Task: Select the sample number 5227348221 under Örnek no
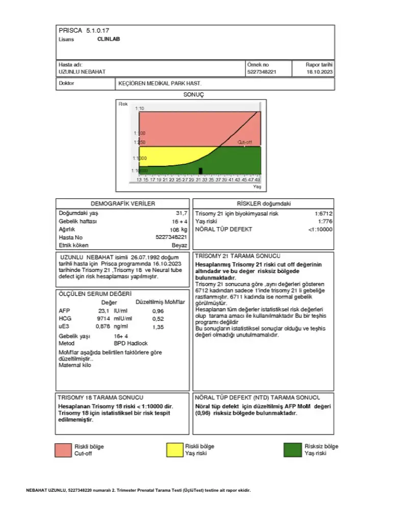(261, 72)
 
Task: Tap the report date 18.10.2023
(319, 72)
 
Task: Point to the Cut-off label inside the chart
(245, 142)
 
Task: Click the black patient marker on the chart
(200, 170)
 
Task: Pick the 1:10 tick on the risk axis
(140, 109)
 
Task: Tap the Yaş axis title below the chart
(257, 187)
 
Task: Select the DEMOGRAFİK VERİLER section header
(123, 204)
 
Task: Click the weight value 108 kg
(179, 230)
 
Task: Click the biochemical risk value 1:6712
(323, 214)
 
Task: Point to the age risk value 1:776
(325, 221)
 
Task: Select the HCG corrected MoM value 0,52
(158, 319)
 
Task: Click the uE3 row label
(64, 326)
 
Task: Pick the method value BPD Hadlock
(131, 343)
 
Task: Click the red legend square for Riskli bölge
(63, 450)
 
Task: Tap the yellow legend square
(174, 449)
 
